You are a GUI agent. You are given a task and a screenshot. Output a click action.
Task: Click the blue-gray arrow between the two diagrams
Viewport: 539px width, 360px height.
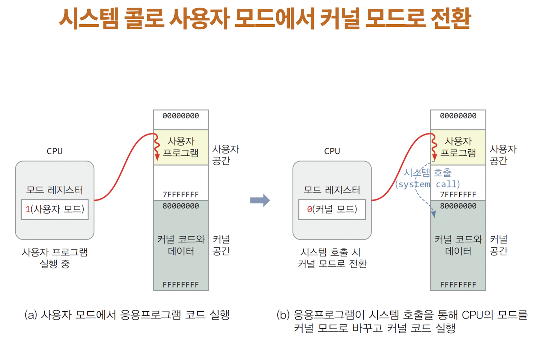click(260, 200)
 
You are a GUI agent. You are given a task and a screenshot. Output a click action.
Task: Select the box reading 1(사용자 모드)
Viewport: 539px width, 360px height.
click(55, 209)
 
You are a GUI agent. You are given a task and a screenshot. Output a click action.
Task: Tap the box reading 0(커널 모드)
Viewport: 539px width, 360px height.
click(332, 209)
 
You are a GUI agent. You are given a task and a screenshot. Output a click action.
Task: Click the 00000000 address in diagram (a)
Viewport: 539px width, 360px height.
click(181, 116)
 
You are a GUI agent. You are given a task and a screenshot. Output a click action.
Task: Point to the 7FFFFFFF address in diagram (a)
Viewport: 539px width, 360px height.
click(181, 195)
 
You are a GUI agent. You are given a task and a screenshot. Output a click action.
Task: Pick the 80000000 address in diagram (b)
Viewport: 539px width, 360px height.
click(458, 206)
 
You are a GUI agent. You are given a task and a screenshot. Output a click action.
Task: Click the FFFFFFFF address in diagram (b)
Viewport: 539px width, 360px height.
click(458, 285)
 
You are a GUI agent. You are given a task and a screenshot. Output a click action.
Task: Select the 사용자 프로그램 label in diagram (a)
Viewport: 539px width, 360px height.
click(181, 147)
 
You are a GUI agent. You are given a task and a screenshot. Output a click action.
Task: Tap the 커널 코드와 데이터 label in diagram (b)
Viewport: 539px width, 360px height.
click(458, 245)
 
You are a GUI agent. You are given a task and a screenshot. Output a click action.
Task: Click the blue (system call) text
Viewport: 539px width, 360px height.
click(428, 184)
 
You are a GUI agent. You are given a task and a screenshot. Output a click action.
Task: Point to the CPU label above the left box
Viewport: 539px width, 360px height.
click(55, 151)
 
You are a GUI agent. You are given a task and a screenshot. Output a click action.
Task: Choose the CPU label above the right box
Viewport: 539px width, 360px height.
click(332, 151)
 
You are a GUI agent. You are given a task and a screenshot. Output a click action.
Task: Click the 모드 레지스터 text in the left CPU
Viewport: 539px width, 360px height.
click(55, 190)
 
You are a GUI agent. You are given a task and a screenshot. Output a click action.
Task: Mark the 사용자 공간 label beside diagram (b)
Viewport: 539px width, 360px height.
click(503, 155)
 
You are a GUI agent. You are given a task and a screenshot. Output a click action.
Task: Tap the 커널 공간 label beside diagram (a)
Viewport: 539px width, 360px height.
click(221, 245)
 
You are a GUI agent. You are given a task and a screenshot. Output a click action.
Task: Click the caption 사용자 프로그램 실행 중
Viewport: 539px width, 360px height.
click(55, 258)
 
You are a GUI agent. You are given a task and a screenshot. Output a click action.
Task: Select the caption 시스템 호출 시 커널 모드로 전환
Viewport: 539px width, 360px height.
click(332, 258)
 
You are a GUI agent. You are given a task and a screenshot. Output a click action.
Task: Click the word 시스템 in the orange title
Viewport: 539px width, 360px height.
click(89, 19)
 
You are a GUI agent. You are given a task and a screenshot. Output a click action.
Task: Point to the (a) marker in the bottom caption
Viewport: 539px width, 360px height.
click(31, 315)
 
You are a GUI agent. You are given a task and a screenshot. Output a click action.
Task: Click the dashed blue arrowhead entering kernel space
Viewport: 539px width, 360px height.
click(433, 214)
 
